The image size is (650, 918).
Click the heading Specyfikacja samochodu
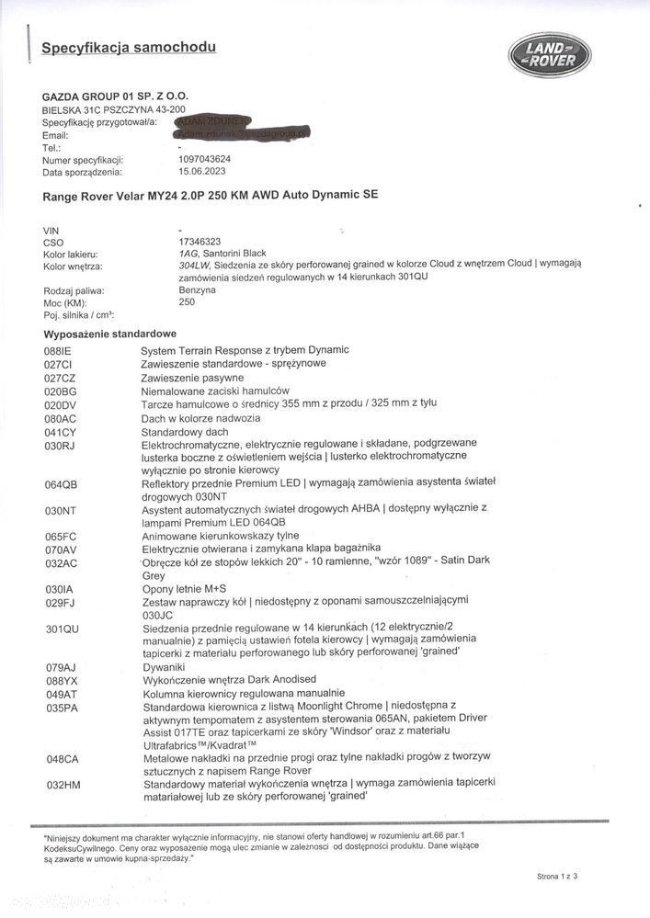point(130,46)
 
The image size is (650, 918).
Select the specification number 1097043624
point(205,160)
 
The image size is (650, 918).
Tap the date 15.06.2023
point(200,172)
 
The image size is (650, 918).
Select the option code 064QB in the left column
point(62,483)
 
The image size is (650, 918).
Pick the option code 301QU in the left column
point(62,629)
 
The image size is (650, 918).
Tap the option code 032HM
point(62,785)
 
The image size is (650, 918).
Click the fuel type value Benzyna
point(199,289)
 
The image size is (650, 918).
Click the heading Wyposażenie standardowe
point(109,334)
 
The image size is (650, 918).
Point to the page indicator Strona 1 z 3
point(557,877)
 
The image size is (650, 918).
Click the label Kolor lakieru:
point(71,254)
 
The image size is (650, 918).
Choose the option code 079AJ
point(61,665)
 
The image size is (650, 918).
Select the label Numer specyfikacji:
point(82,160)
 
